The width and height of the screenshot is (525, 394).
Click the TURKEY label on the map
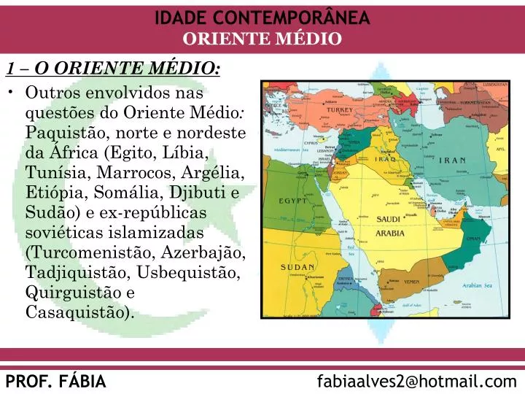[339, 110]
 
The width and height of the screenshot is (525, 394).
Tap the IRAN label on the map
[452, 161]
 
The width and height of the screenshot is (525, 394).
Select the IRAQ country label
[386, 159]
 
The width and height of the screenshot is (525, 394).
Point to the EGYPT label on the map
[292, 201]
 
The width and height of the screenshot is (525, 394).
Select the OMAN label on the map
[474, 239]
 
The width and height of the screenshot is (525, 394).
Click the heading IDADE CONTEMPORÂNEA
[262, 18]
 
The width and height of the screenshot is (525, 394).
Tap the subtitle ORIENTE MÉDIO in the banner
[262, 39]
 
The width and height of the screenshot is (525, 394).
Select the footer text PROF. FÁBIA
[55, 381]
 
